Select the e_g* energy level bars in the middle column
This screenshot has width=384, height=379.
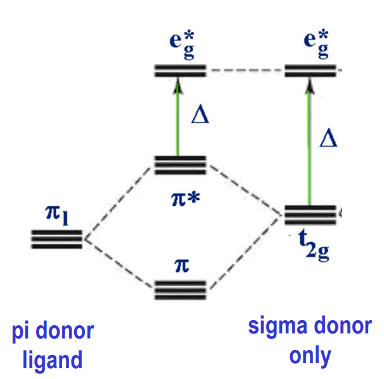coord(180,70)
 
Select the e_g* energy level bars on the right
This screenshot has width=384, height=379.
coord(310,70)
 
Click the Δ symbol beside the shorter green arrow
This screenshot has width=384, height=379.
coord(200,116)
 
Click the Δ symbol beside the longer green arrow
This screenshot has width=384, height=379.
coord(328,136)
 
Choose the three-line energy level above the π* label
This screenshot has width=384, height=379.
coord(180,165)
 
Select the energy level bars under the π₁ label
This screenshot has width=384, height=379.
coord(56,239)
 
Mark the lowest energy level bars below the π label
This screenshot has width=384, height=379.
coord(181,290)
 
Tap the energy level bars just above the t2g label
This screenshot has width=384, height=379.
coord(310,215)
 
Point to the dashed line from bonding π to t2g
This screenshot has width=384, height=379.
coord(244,254)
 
